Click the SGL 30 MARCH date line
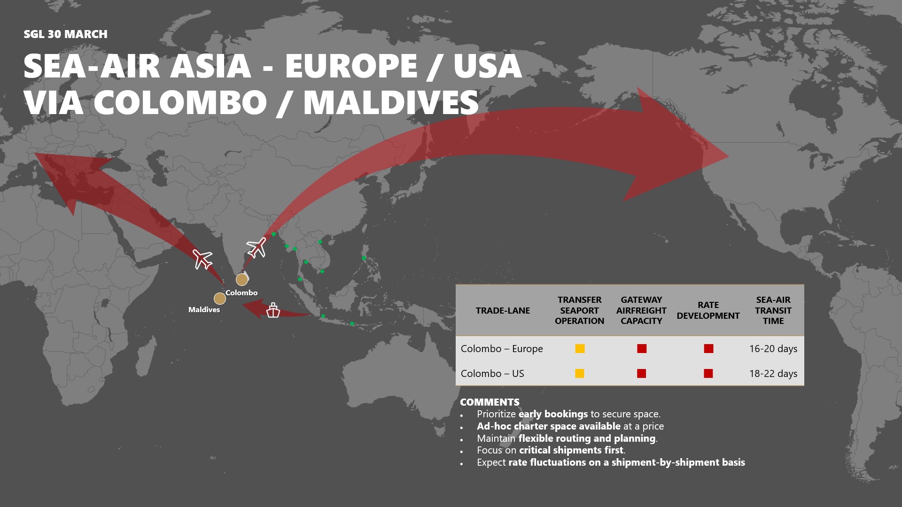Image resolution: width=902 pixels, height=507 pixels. pyautogui.click(x=65, y=34)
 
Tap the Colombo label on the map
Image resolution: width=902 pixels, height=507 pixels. pyautogui.click(x=241, y=293)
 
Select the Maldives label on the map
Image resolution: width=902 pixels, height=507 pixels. pyautogui.click(x=204, y=310)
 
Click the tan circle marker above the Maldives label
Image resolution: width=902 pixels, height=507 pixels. pyautogui.click(x=219, y=298)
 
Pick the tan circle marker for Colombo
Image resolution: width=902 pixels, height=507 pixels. pyautogui.click(x=242, y=280)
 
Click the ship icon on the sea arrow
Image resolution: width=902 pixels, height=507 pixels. pyautogui.click(x=273, y=310)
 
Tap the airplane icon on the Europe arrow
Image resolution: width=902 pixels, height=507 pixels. pyautogui.click(x=203, y=259)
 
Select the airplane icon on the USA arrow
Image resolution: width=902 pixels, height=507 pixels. pyautogui.click(x=257, y=247)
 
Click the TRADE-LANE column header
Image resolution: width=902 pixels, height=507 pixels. pyautogui.click(x=503, y=310)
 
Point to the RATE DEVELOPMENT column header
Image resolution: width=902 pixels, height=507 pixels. pyautogui.click(x=708, y=310)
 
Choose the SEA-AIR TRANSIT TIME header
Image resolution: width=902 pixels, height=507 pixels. pyautogui.click(x=773, y=310)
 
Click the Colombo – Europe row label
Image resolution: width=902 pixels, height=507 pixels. pyautogui.click(x=502, y=349)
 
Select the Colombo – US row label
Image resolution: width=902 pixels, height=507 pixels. pyautogui.click(x=492, y=374)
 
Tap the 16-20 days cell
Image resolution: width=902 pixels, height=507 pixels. pyautogui.click(x=773, y=349)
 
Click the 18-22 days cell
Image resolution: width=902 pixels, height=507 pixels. pyautogui.click(x=773, y=374)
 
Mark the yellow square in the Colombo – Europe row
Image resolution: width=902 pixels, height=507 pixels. pyautogui.click(x=580, y=348)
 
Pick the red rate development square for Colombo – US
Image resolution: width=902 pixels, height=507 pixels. pyautogui.click(x=708, y=373)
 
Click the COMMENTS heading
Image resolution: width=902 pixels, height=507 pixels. pyautogui.click(x=490, y=402)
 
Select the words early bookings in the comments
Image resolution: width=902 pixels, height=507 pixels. pyautogui.click(x=553, y=414)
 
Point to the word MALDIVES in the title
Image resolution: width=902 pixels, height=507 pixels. pyautogui.click(x=391, y=102)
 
